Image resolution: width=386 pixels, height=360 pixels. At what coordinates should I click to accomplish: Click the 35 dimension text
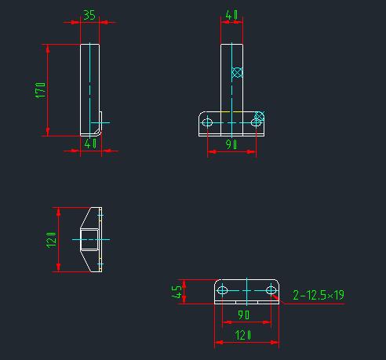89,15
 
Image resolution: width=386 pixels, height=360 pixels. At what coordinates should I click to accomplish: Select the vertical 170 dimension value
39,90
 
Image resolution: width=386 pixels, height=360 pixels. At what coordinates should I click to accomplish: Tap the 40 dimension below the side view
90,143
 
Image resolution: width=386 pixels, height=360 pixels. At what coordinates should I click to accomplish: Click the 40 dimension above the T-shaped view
231,15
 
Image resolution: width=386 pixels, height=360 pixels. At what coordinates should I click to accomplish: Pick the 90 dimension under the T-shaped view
232,144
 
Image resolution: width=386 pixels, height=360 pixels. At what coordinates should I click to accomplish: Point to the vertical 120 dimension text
50,240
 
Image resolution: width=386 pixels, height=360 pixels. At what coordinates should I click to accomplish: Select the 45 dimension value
177,292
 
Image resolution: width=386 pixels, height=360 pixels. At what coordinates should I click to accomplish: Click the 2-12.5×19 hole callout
319,295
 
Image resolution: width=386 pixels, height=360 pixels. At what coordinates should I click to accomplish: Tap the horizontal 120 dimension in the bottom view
246,336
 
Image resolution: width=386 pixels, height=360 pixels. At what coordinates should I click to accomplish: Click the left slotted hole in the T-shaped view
208,122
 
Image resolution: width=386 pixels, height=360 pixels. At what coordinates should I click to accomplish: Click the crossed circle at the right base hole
260,117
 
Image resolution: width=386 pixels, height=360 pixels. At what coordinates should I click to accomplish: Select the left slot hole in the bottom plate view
222,291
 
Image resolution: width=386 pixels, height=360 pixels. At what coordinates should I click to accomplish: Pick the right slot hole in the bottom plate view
271,291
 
